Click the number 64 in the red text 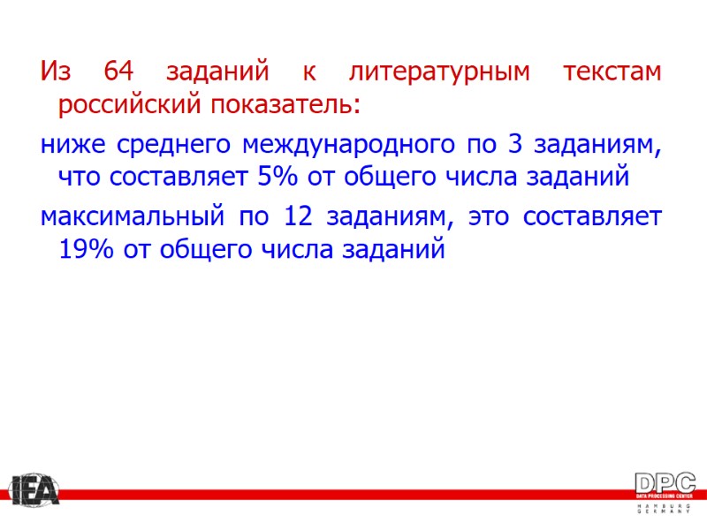point(118,71)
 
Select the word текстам point(611,71)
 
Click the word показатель point(285,106)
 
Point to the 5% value point(277,178)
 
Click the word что point(80,178)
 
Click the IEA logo point(33,490)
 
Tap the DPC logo point(665,483)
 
